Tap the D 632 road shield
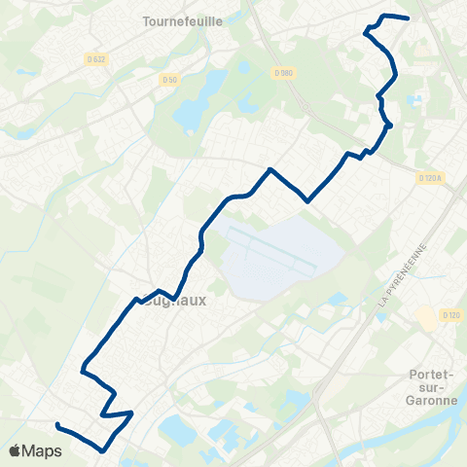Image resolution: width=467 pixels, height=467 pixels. (x=98, y=59)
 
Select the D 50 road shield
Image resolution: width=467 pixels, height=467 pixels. (x=170, y=79)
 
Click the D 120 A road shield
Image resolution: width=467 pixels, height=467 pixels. (x=431, y=178)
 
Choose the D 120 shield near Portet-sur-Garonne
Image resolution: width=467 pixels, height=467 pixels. (x=450, y=315)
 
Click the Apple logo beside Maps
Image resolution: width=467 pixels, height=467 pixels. (x=15, y=451)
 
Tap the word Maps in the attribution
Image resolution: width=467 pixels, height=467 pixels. (x=42, y=451)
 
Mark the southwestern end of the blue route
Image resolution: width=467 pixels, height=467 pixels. (x=57, y=425)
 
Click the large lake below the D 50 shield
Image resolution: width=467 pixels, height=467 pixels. (x=189, y=115)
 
